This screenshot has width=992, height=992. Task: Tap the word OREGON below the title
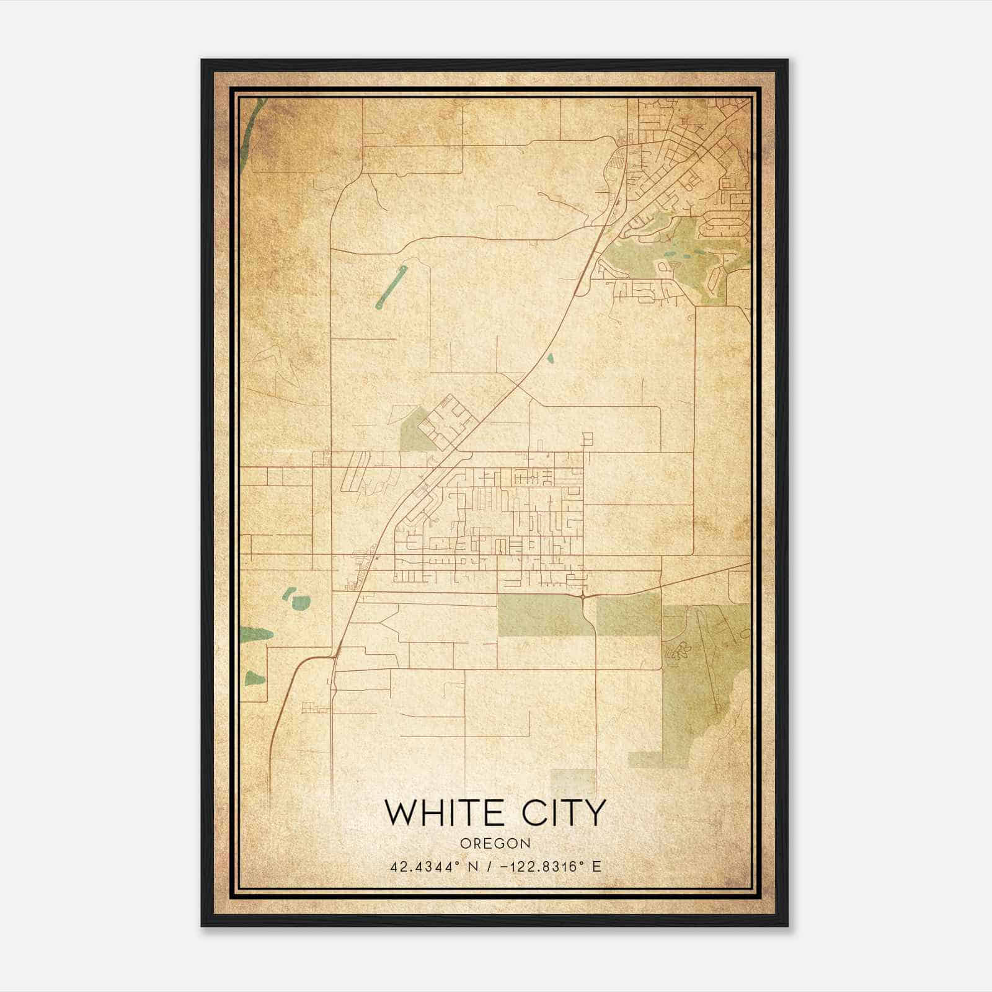[x=495, y=843]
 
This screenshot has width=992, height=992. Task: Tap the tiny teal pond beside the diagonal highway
[x=549, y=358]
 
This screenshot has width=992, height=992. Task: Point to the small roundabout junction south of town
[x=584, y=596]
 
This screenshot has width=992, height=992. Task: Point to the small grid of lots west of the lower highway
[x=315, y=708]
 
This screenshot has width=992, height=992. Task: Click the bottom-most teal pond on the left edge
[x=254, y=678]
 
